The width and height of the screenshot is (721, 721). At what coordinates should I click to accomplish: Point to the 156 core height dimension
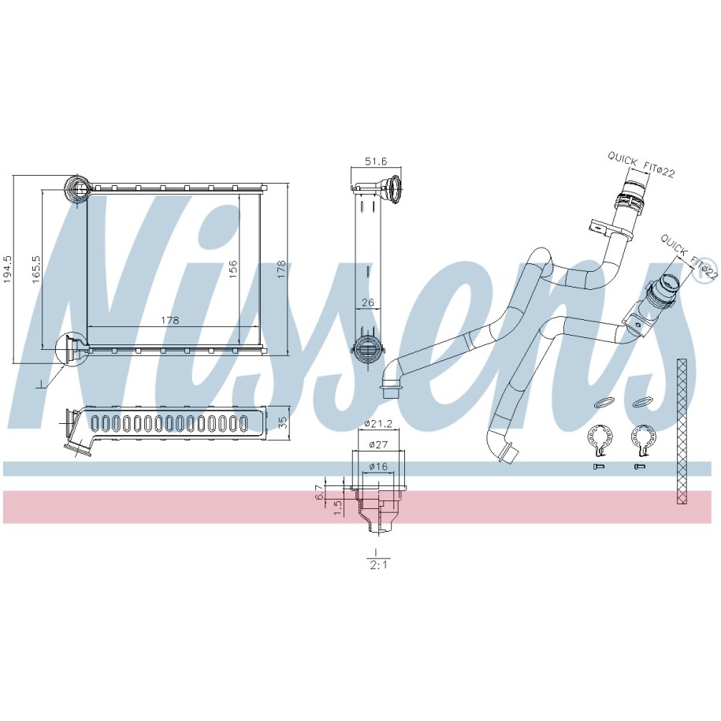233,269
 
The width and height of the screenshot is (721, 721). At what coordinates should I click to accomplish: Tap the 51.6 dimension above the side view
376,161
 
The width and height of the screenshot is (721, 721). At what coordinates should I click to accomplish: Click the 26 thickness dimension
368,303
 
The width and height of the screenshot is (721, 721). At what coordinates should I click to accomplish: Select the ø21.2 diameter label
378,424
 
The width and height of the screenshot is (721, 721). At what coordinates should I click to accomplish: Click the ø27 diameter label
378,444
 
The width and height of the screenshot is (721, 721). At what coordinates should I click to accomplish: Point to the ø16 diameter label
378,466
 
